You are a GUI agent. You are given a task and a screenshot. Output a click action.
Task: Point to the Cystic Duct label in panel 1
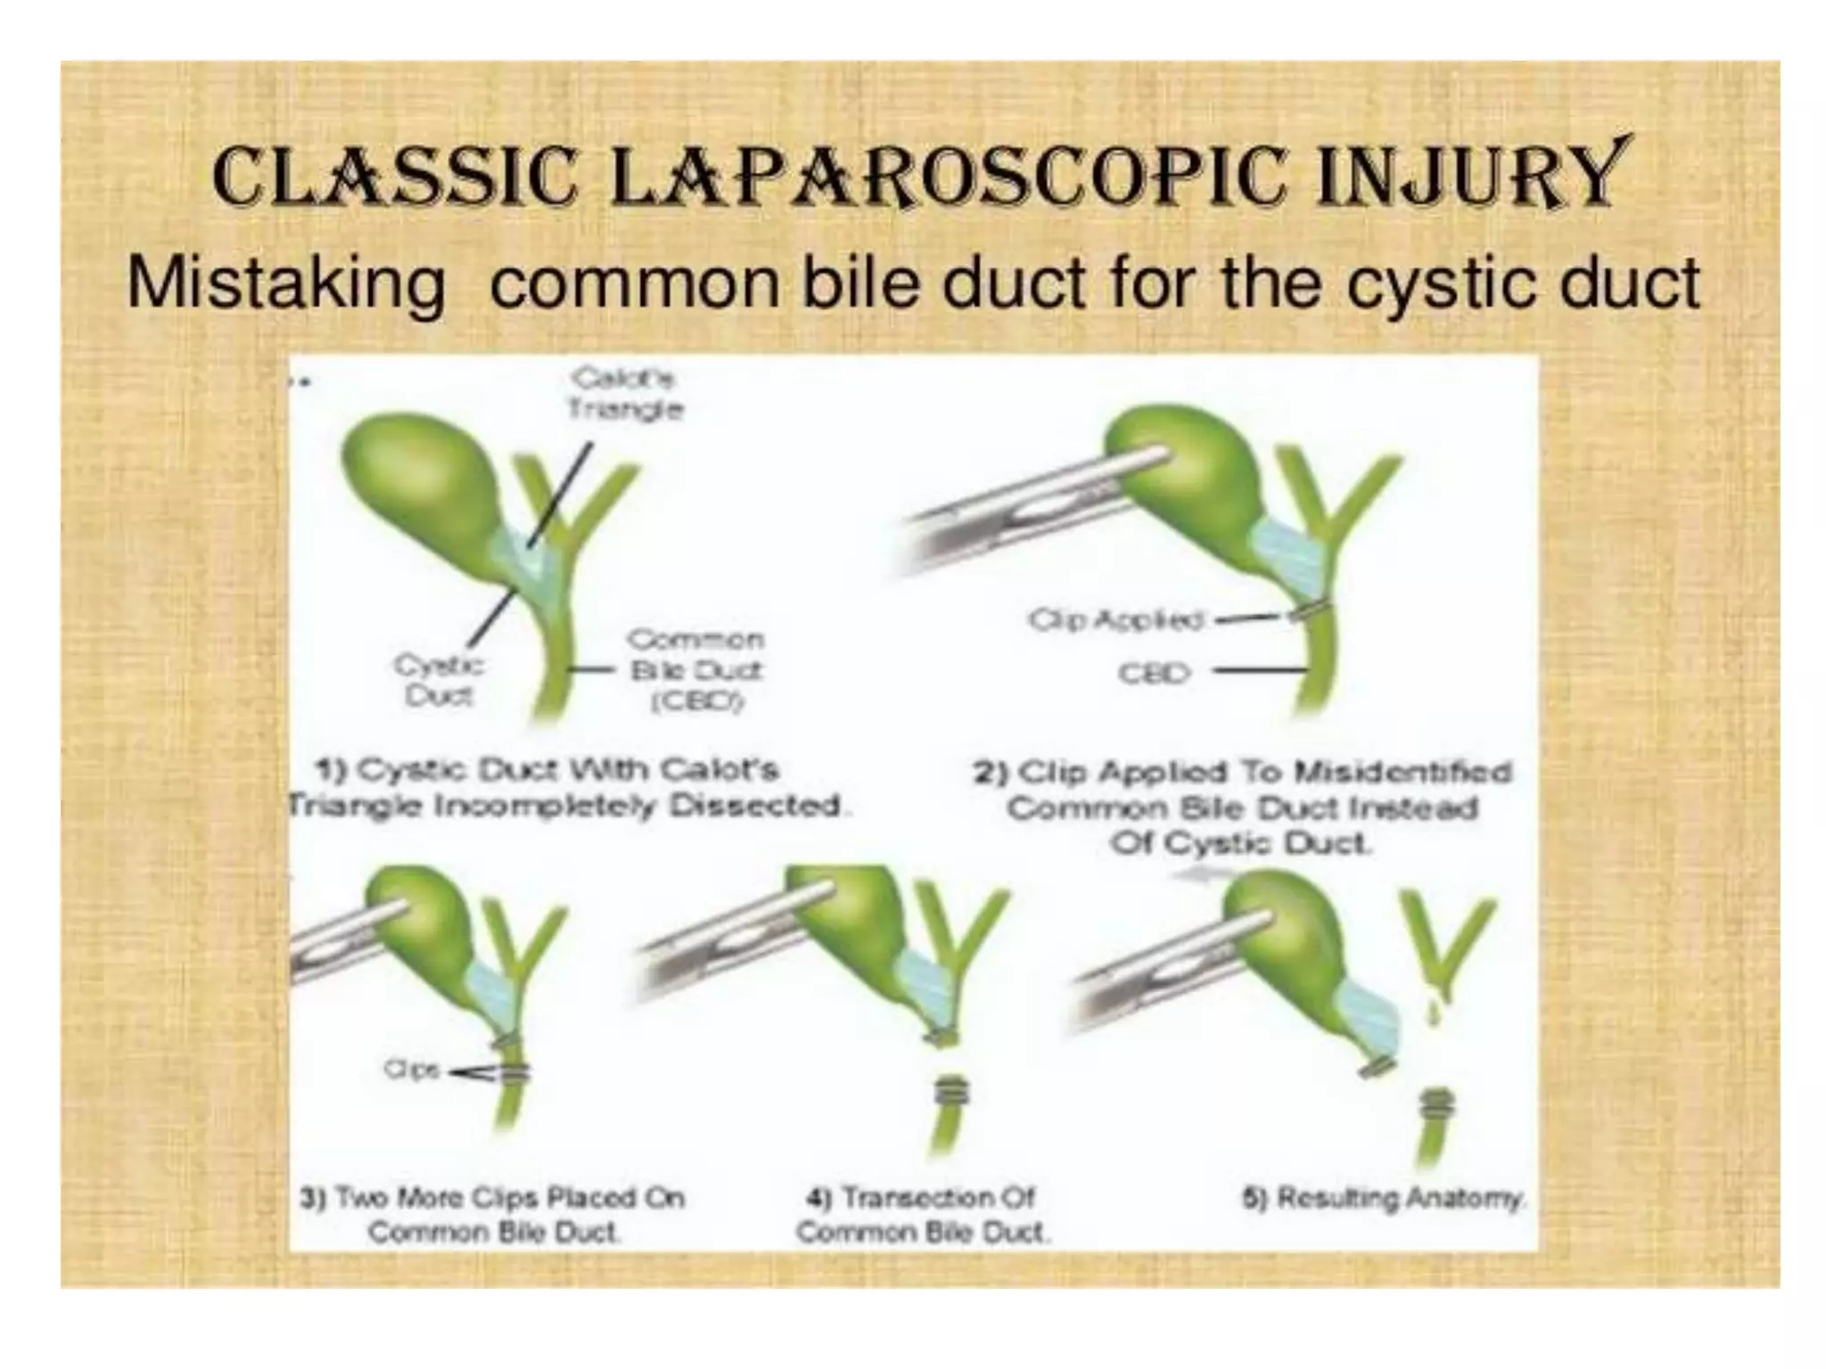pos(438,680)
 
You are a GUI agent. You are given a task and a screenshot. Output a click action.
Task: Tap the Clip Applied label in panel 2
pos(1115,619)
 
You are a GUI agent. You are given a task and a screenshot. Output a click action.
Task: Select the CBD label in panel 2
pos(1154,673)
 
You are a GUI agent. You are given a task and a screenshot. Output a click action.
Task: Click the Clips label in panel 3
pos(411,1070)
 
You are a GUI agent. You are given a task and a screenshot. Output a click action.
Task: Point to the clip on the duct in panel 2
pos(1309,611)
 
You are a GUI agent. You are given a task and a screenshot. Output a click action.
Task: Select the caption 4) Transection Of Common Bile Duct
pos(922,1214)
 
